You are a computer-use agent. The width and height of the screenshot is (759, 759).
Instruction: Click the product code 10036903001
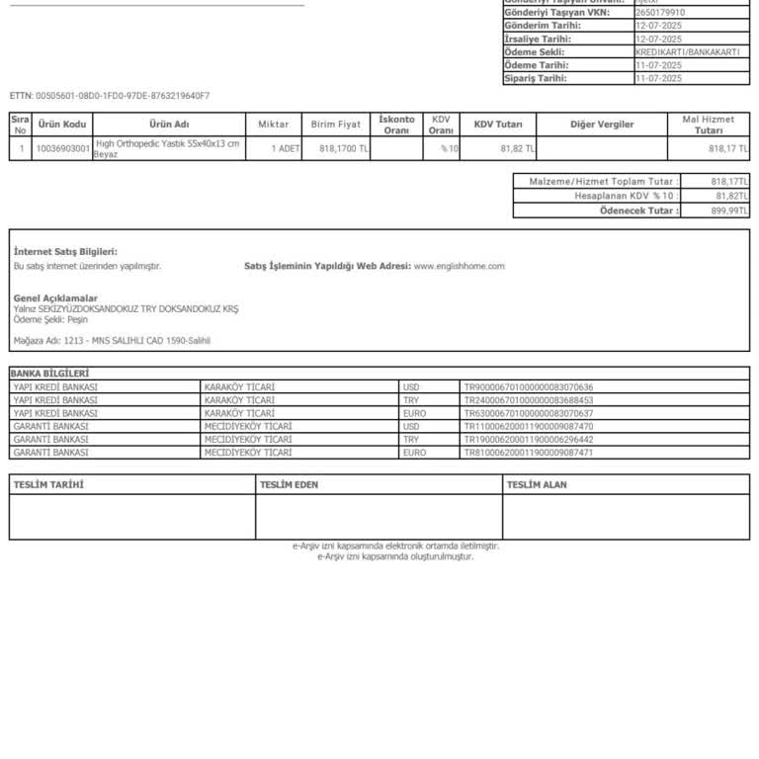(x=62, y=149)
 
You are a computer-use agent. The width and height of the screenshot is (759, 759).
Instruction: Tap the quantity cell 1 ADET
(x=286, y=149)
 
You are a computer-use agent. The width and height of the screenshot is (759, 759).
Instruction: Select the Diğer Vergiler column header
(x=602, y=125)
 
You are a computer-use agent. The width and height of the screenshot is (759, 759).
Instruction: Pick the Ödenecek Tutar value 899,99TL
(x=730, y=211)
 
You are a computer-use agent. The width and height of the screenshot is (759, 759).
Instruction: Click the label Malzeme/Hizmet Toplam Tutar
(x=603, y=182)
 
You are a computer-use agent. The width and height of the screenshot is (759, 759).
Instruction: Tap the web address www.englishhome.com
(x=459, y=266)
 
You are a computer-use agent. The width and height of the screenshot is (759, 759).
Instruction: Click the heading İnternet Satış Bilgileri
(x=65, y=252)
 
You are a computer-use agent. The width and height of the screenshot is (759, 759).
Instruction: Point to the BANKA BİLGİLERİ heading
(x=49, y=374)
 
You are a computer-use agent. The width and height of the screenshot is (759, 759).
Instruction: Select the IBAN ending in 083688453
(x=528, y=400)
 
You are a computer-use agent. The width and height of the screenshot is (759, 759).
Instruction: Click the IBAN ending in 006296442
(x=528, y=439)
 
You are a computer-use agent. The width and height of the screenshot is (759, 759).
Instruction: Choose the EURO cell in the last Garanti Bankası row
(x=414, y=452)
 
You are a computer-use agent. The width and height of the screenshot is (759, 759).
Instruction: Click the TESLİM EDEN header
(x=289, y=484)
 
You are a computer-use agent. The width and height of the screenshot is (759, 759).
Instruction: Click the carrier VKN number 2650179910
(x=660, y=13)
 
